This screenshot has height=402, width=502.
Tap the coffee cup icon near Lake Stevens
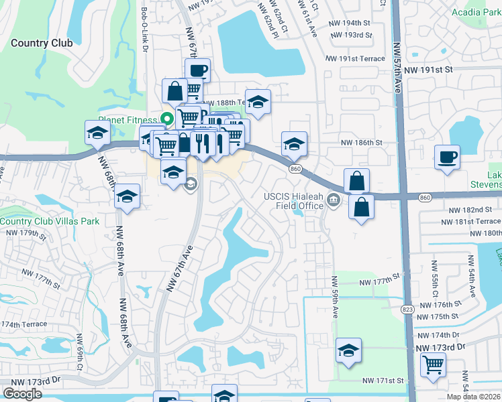pos(447,158)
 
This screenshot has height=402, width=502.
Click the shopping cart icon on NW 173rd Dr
pos(434,365)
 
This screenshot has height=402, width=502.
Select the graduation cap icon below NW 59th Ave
pos(348,351)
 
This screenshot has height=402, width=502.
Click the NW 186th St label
pos(361,143)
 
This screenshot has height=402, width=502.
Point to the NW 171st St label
pos(383,381)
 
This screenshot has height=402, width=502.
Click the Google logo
pos(23,393)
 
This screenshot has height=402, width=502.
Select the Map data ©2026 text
pos(474,397)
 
